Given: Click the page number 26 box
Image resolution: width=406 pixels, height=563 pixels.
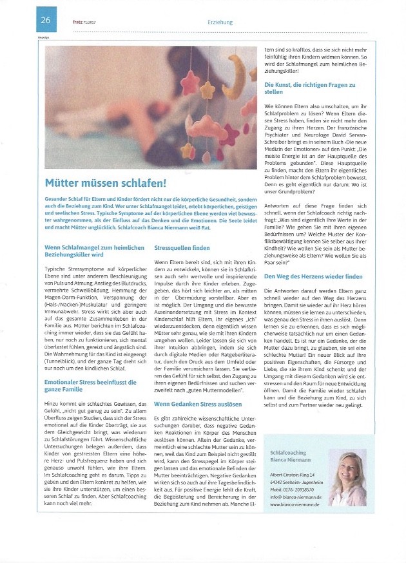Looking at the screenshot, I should (x=46, y=21).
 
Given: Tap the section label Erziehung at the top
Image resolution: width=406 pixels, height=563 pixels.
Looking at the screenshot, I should (x=220, y=21).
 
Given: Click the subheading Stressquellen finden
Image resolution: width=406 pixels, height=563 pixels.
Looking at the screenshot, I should (x=182, y=247).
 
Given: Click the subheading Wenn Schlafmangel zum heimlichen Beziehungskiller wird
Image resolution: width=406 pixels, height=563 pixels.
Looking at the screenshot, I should (x=93, y=251).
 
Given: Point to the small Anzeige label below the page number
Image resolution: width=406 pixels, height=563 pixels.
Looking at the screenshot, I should (x=43, y=37).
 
